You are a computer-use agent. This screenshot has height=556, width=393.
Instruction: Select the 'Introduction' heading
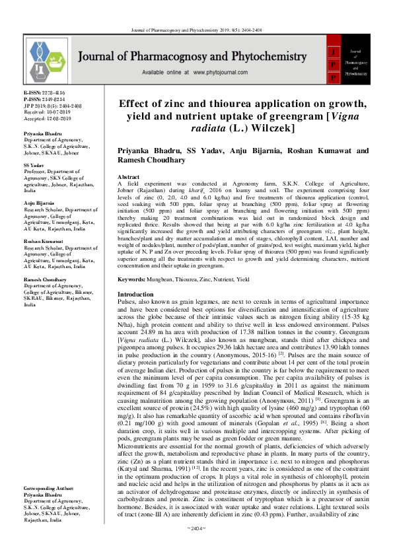coord(135,294)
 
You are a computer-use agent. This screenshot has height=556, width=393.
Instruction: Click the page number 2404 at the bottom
coord(197,547)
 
